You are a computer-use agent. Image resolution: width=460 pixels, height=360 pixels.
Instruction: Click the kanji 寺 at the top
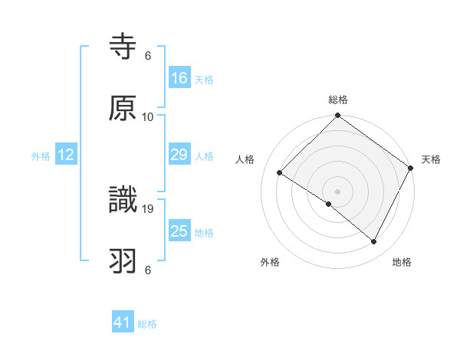point(123,47)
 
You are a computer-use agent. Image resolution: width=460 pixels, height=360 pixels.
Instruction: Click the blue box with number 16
point(179,78)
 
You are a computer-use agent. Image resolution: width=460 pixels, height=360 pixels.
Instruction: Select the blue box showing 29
point(179,155)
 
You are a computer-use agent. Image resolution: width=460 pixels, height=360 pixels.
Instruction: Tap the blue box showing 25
point(179,231)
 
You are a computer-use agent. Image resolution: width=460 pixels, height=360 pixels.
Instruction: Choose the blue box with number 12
point(66,155)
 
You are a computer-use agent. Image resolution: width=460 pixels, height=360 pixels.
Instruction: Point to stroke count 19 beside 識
point(149,208)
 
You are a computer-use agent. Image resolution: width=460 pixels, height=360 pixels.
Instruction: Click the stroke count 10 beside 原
point(148,116)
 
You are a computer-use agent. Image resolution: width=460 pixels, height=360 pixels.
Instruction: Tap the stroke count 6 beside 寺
point(148,56)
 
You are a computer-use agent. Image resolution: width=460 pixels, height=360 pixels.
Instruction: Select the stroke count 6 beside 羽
point(148,270)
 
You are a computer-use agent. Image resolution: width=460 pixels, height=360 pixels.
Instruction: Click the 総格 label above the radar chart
point(338,100)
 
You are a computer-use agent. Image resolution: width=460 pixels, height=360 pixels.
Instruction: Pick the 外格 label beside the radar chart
point(270,262)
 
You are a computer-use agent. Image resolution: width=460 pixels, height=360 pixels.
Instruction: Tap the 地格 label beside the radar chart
point(402,262)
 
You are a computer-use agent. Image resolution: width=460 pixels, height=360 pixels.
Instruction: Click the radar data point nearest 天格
point(410,168)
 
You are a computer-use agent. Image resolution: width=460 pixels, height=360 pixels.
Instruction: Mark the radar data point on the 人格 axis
point(280,173)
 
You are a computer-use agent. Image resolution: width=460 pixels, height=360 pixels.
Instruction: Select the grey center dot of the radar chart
point(338,191)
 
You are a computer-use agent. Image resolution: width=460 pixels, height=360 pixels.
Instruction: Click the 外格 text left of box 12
point(41,155)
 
